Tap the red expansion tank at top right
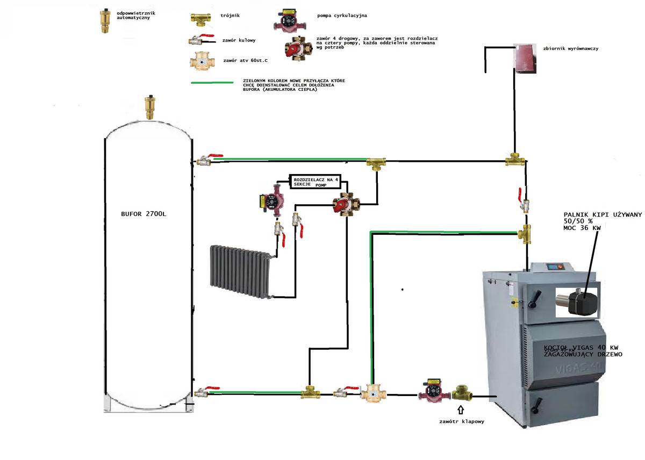tap(525, 57)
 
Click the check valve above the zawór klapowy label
tap(462, 393)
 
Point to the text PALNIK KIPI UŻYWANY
tap(603, 215)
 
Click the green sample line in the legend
tap(212, 83)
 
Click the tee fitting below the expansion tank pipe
tap(515, 161)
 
